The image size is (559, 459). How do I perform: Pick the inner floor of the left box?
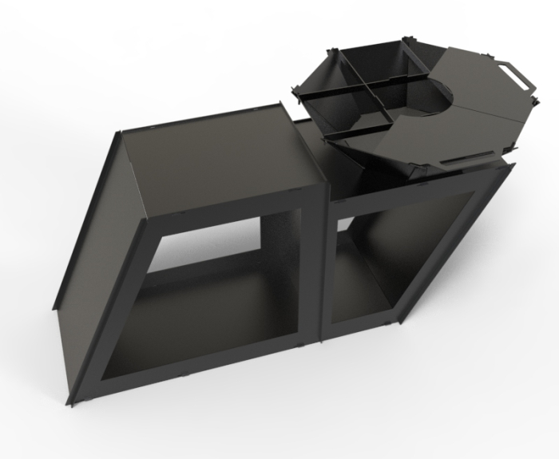tap(200, 319)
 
